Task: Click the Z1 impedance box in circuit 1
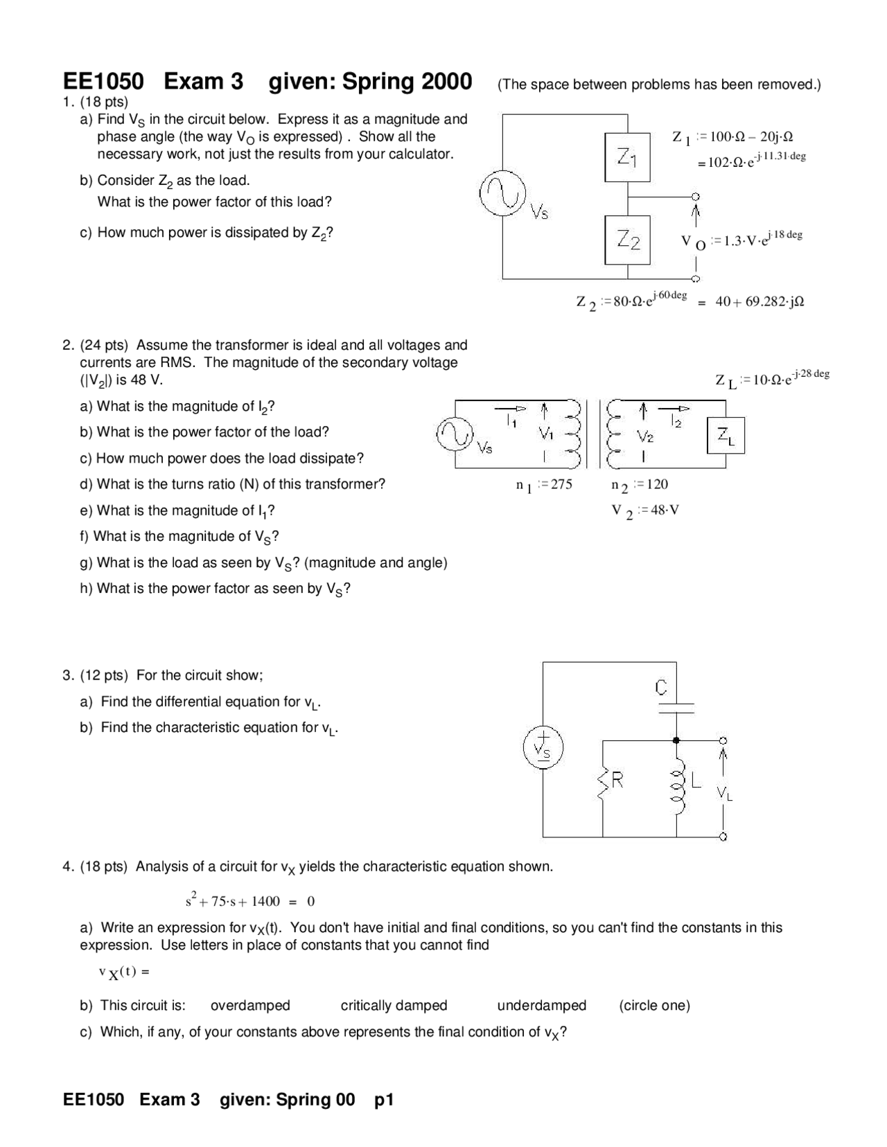[628, 157]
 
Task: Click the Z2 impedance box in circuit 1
[628, 240]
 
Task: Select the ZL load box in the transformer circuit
[726, 436]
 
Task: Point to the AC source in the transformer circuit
[455, 434]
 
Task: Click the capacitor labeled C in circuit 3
[676, 706]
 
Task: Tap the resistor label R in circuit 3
[617, 781]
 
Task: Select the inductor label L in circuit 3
[696, 781]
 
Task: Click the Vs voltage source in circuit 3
[543, 748]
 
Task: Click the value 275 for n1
[561, 484]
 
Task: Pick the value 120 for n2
[657, 484]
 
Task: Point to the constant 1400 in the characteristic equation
[265, 901]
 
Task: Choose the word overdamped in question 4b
[250, 1005]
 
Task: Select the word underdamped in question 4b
[541, 1005]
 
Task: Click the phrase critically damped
[394, 1005]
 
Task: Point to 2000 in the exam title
[446, 82]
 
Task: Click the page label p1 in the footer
[384, 1099]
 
